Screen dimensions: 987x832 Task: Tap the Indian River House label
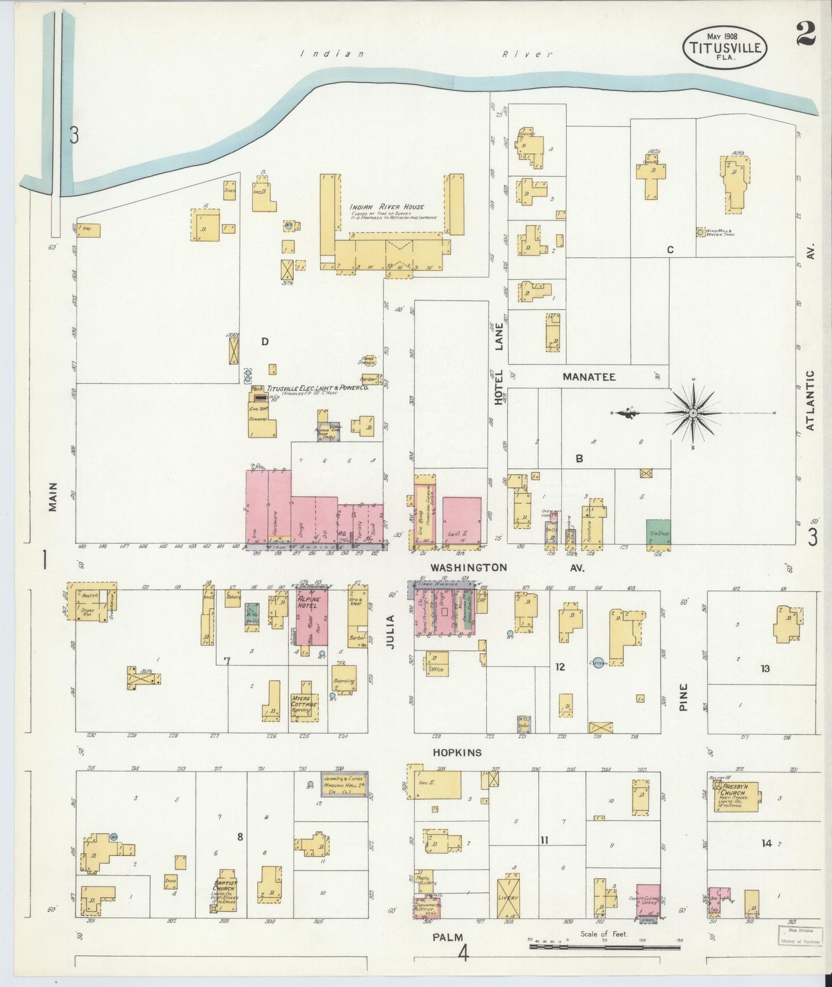click(386, 207)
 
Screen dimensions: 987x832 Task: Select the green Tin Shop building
click(658, 532)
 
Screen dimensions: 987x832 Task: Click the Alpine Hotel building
click(311, 616)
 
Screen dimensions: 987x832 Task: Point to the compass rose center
click(694, 413)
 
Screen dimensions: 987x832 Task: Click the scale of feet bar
click(605, 946)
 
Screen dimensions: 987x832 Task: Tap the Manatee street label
click(588, 377)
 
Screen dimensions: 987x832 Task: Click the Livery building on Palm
click(509, 898)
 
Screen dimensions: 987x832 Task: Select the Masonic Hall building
click(343, 784)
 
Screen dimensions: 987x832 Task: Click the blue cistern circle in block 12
click(598, 663)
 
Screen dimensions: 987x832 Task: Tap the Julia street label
click(390, 632)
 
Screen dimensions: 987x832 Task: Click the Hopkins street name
click(457, 753)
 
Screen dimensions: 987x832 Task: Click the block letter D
click(264, 341)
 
